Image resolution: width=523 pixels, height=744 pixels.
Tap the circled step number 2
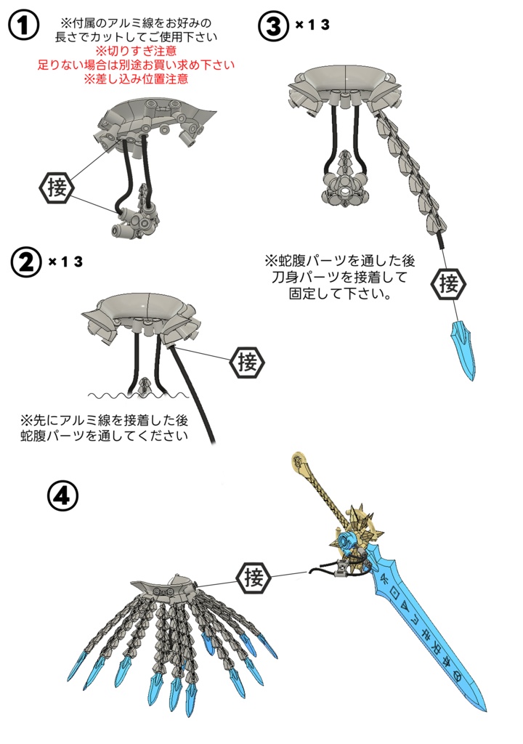pyautogui.click(x=27, y=262)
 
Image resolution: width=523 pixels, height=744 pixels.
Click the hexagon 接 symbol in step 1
pyautogui.click(x=56, y=188)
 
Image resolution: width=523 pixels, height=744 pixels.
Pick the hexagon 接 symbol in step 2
pyautogui.click(x=247, y=361)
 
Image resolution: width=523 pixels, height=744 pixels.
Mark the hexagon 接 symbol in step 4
pyautogui.click(x=254, y=579)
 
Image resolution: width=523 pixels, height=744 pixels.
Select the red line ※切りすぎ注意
pyautogui.click(x=136, y=51)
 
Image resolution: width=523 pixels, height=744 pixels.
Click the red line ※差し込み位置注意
pyautogui.click(x=136, y=78)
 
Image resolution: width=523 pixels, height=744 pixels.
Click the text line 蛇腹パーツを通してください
pyautogui.click(x=105, y=436)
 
